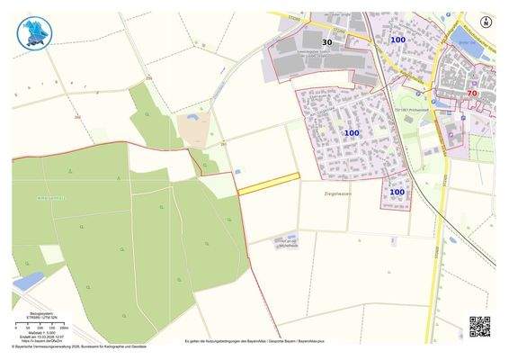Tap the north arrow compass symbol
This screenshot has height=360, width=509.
(x=487, y=22)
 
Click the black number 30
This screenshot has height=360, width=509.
(x=326, y=41)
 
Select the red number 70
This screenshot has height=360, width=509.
(x=472, y=93)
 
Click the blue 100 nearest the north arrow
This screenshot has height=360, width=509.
(x=397, y=40)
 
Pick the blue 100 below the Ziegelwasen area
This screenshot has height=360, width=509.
(x=397, y=192)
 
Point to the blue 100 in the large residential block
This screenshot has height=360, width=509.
(x=351, y=133)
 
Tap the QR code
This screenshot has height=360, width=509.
(x=479, y=325)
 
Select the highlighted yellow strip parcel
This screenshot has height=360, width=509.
(x=268, y=183)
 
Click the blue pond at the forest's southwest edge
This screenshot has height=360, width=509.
(x=28, y=281)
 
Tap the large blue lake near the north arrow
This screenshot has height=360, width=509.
(x=467, y=37)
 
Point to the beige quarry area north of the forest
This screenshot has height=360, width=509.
(x=193, y=131)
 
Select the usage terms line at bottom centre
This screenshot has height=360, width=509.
(x=254, y=341)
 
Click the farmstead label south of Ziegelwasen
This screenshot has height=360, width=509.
(x=288, y=243)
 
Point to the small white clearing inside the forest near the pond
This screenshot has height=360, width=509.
(x=52, y=254)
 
